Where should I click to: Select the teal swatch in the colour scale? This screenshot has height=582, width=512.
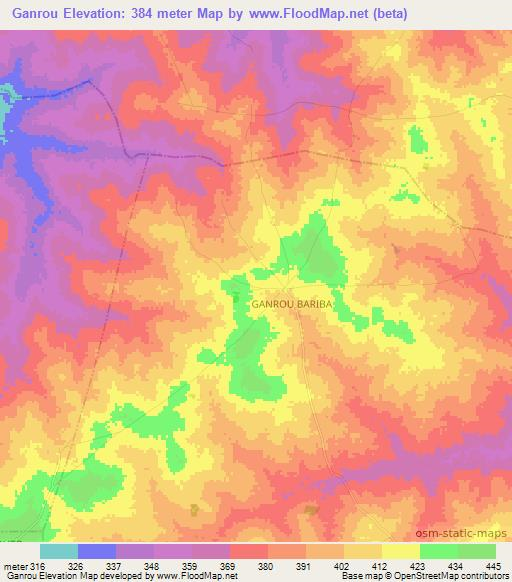58,551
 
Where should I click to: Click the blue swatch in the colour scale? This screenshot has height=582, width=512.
96,551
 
